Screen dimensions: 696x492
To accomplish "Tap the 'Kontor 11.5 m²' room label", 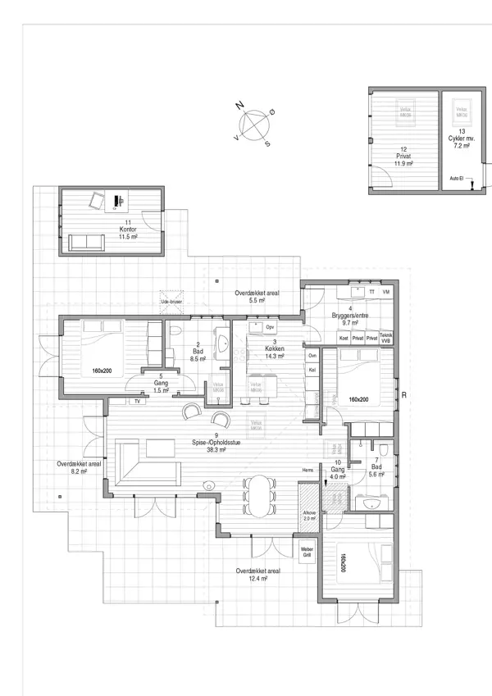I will [x=127, y=230].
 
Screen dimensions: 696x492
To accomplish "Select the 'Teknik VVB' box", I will [x=386, y=338].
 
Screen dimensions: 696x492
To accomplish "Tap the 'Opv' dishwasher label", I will [x=271, y=327].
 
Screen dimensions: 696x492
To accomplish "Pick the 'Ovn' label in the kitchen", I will [x=312, y=356].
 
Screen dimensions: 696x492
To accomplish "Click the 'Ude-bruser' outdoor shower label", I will [x=171, y=302].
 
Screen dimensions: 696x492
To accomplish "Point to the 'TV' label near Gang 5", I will [x=137, y=402].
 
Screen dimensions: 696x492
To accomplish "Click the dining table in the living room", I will [x=258, y=495].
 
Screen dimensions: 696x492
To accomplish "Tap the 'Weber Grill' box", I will [x=307, y=552].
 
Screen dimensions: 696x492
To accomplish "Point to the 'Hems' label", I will [x=307, y=470].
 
